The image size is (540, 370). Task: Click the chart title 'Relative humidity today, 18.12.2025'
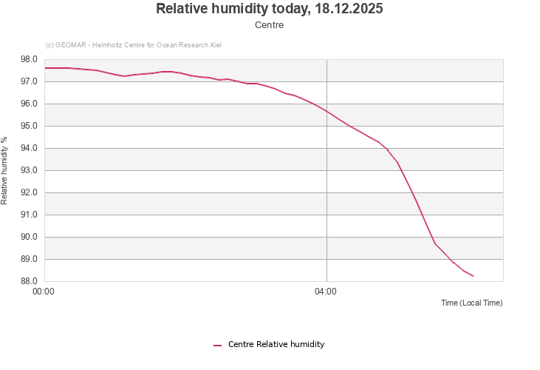(x=270, y=9)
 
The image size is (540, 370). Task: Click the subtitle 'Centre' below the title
(x=270, y=25)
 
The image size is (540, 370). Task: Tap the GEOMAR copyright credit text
(x=134, y=45)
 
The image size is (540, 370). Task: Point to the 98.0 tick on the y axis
(x=30, y=59)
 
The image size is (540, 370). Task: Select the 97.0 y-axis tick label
(x=30, y=81)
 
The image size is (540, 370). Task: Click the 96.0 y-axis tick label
(x=30, y=104)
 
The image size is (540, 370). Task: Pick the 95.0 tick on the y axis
(x=30, y=126)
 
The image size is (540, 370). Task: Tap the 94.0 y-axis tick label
(x=30, y=148)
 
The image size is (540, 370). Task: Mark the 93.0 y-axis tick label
(x=30, y=170)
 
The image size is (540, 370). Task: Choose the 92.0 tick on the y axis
(x=30, y=192)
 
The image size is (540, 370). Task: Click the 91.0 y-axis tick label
(x=30, y=215)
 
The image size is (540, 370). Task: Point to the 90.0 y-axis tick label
(x=30, y=237)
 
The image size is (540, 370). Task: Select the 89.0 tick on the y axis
(x=30, y=259)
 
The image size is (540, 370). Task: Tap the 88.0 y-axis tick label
(x=30, y=281)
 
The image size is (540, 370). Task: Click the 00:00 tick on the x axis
(x=44, y=292)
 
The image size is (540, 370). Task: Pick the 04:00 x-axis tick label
(x=326, y=292)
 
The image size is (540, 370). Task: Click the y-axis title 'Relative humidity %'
(x=4, y=170)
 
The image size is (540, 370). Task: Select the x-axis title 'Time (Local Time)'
(x=471, y=303)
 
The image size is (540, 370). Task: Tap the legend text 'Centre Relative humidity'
(x=276, y=344)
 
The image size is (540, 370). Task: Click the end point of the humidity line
(x=473, y=276)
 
